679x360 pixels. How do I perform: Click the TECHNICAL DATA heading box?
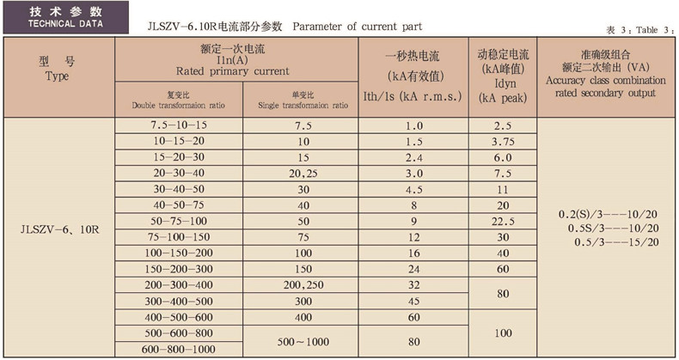pos(57,18)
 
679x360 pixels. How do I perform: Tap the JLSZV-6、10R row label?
pos(58,229)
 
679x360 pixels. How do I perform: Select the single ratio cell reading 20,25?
pos(303,172)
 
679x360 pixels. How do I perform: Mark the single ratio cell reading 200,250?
pos(303,285)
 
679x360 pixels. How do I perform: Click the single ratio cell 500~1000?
pos(303,339)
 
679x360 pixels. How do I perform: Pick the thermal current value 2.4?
pos(413,157)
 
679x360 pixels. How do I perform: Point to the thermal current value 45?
pos(413,301)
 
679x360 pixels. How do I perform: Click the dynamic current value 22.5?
pos(503,221)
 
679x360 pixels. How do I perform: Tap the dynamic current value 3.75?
pos(503,141)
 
